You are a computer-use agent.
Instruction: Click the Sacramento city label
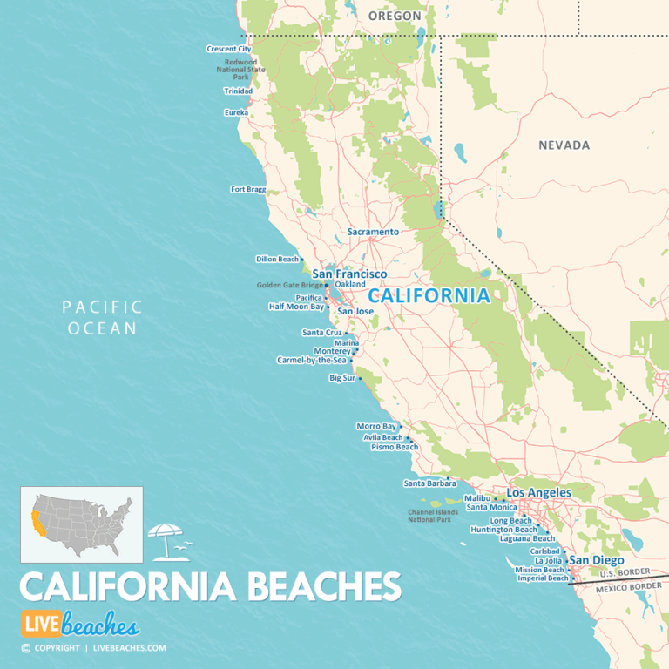(373, 232)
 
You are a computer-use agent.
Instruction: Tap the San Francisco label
(349, 274)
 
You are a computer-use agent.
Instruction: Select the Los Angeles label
(538, 492)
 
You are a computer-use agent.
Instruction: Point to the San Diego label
(596, 560)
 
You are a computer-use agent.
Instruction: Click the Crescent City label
(228, 49)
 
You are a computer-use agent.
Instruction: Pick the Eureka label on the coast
(236, 112)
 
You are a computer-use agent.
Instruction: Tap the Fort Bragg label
(247, 189)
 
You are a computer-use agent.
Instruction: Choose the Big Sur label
(341, 378)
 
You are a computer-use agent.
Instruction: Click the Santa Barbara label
(424, 483)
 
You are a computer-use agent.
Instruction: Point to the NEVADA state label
(564, 145)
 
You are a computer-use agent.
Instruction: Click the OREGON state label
(394, 16)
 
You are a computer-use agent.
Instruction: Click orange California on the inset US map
(37, 523)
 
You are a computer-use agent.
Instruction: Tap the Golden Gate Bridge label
(289, 285)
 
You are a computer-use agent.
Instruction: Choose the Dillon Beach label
(277, 259)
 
